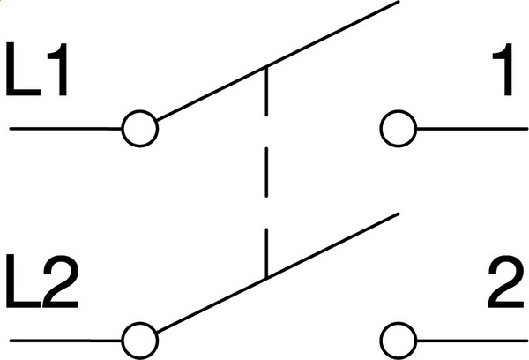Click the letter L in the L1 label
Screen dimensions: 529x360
(23, 69)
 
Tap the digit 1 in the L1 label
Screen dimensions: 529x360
(58, 69)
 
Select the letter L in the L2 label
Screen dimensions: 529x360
(23, 281)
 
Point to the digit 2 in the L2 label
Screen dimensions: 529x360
(61, 281)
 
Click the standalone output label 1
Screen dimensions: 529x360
(503, 69)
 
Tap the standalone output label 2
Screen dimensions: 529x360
(506, 281)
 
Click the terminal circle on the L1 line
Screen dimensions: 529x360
(139, 129)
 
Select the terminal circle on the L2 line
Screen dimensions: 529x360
(139, 341)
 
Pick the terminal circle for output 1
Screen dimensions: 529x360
(399, 129)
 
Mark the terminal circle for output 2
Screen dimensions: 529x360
(399, 341)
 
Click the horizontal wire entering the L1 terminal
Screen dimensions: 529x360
(66, 129)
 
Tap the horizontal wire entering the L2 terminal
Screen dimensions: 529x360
(66, 341)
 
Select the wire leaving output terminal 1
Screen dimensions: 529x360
(472, 129)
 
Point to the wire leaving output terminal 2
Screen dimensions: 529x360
(472, 341)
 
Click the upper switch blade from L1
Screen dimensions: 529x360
(278, 61)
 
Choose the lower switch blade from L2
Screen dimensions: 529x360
(278, 273)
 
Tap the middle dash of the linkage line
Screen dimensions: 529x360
(266, 172)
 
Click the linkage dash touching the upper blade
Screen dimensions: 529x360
(266, 91)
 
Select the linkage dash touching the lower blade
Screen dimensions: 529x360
(266, 253)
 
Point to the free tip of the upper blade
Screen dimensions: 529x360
(399, 2)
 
